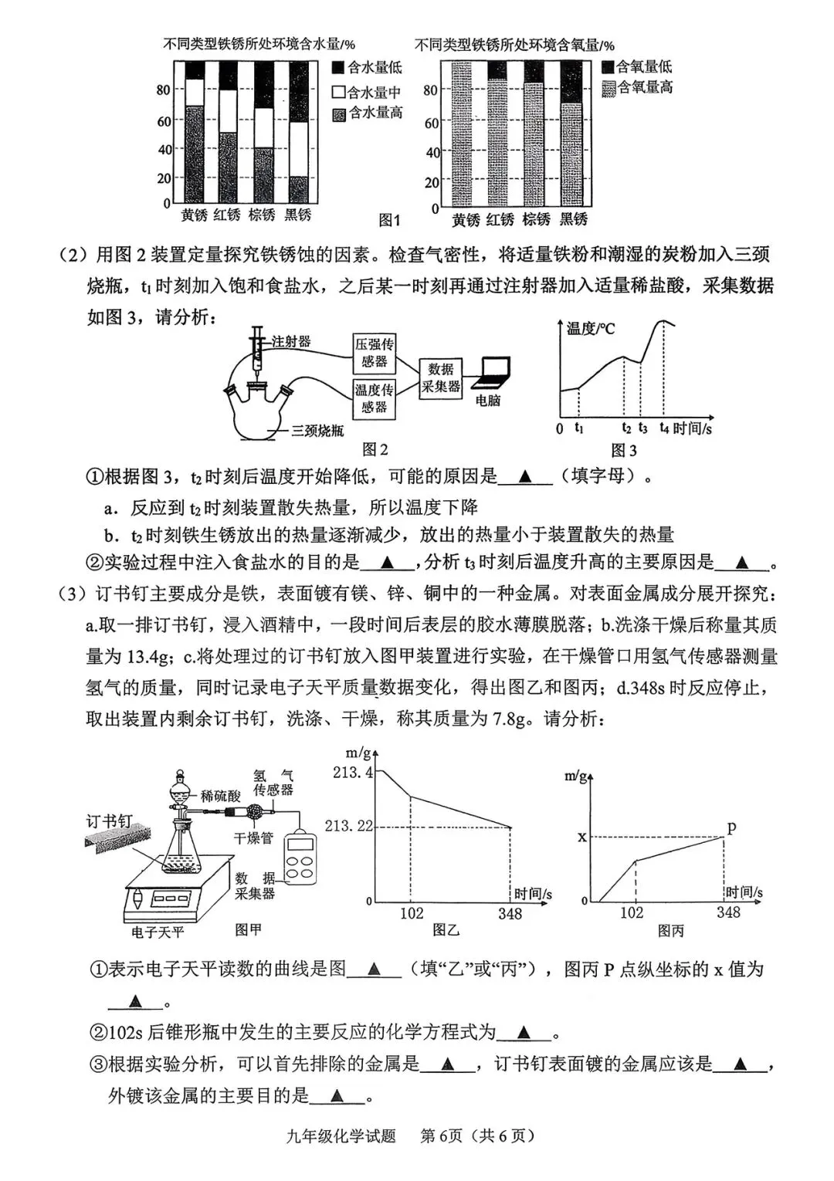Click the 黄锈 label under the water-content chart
(x=194, y=215)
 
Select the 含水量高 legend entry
(x=368, y=113)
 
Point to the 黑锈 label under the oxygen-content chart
(x=572, y=220)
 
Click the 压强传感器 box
(x=375, y=353)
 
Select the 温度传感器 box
(x=375, y=398)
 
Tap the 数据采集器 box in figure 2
(x=441, y=378)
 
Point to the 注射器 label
(x=291, y=340)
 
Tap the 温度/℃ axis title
(x=591, y=330)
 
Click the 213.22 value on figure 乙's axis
(x=349, y=827)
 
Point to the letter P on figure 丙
(x=732, y=828)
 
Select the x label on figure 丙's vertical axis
(x=582, y=837)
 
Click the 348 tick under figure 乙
(x=510, y=915)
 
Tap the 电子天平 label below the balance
(x=158, y=932)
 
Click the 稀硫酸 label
(x=220, y=796)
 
